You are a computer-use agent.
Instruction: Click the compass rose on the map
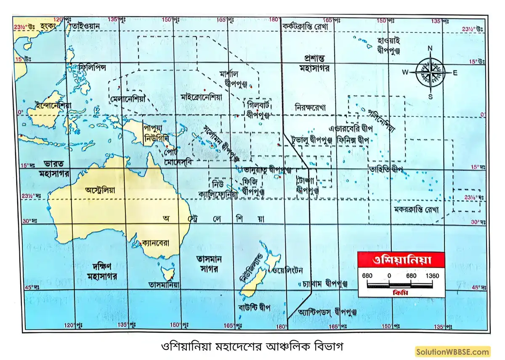point(430,72)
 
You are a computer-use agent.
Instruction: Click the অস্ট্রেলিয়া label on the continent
point(100,190)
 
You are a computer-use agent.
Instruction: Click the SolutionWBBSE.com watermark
point(453,351)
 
